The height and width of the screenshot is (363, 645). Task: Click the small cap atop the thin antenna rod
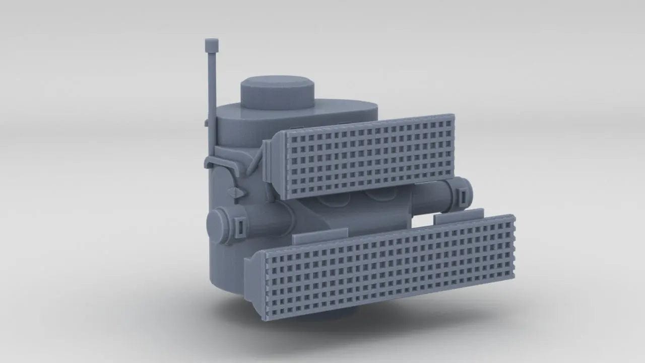[212, 45]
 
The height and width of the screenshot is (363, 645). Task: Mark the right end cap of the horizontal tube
[464, 194]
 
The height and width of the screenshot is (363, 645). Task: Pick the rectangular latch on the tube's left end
[240, 226]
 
